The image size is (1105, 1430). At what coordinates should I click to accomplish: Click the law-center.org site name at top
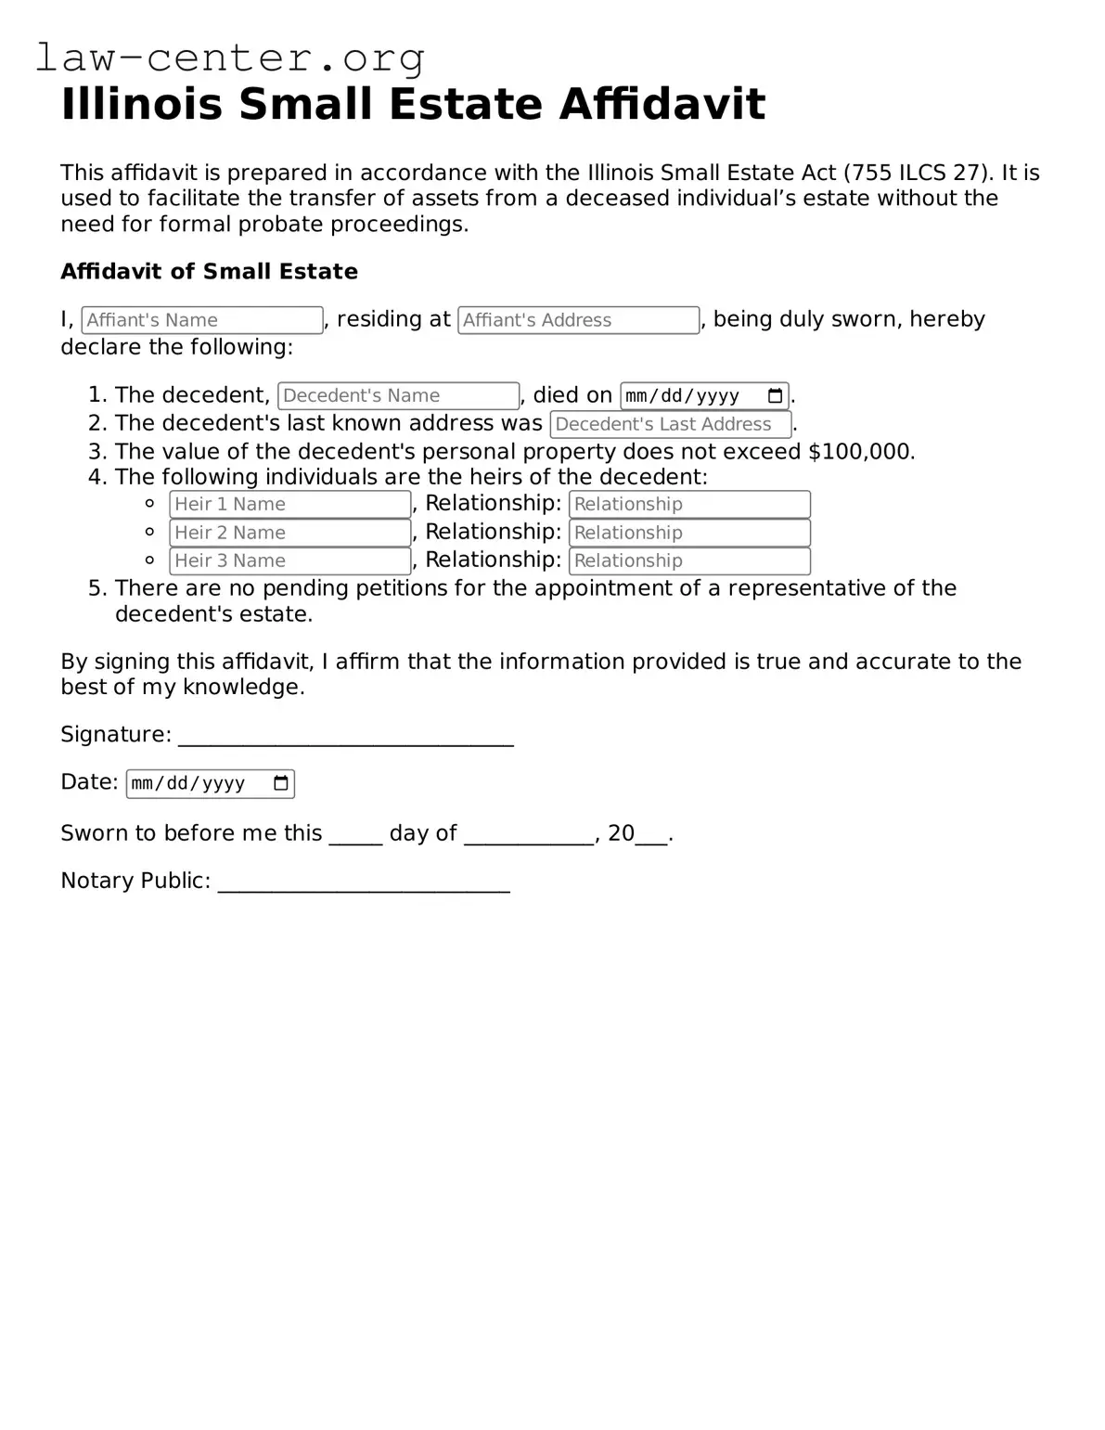pos(229,58)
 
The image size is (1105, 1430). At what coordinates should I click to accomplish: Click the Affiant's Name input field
pos(202,320)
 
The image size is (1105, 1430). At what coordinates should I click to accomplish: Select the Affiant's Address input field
pos(578,320)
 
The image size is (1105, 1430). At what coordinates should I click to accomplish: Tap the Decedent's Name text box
pos(398,395)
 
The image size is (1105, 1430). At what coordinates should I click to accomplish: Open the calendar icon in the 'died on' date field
pos(776,396)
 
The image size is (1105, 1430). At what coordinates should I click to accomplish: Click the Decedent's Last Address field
pos(670,424)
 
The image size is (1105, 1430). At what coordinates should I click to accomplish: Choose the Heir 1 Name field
pos(289,504)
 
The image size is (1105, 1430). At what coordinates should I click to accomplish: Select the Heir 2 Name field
pos(289,533)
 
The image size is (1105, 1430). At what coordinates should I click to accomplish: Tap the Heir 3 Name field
pos(289,560)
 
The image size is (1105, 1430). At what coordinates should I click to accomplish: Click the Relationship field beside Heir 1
pos(689,504)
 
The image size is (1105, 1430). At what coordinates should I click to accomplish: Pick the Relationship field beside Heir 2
pos(689,533)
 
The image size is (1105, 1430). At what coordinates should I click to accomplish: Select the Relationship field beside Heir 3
pos(689,560)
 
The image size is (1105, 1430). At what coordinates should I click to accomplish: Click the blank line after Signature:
pos(345,737)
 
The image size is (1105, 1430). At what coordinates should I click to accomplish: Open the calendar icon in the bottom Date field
pos(281,783)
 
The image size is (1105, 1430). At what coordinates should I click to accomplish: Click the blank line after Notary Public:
pos(363,882)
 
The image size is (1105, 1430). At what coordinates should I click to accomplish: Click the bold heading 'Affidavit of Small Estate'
pos(209,272)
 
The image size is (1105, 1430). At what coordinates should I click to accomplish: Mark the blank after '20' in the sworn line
pos(651,835)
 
